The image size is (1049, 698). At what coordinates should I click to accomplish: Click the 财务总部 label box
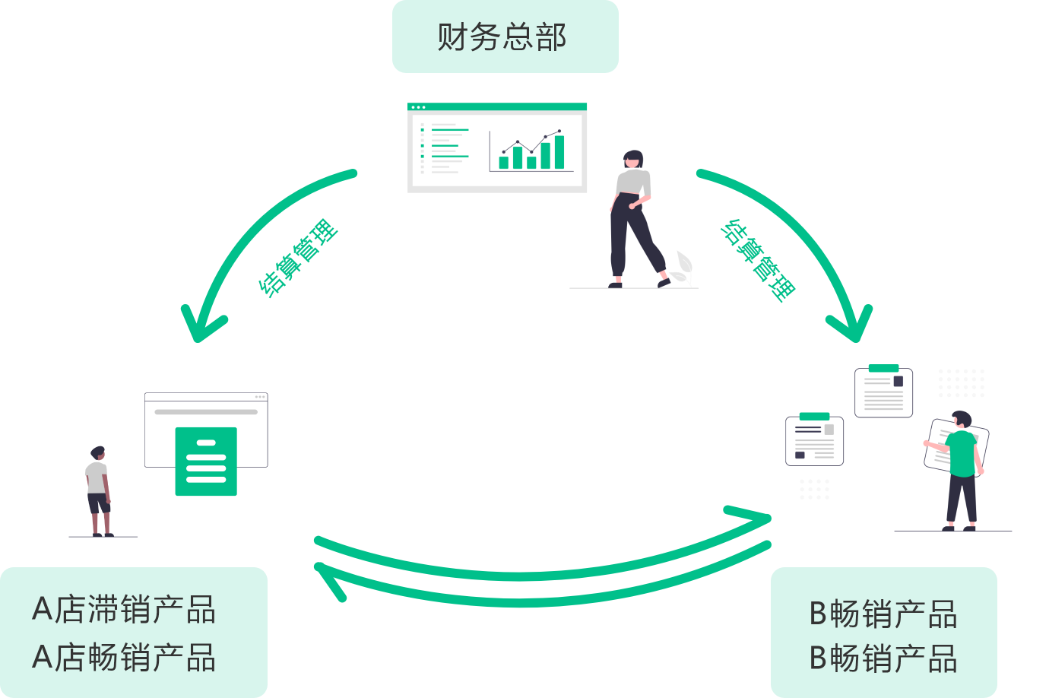coord(505,36)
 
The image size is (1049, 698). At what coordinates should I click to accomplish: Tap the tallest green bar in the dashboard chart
coord(559,152)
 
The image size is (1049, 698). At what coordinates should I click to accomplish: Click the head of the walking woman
coord(632,160)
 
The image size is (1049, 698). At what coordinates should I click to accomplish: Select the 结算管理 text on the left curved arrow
coord(297,259)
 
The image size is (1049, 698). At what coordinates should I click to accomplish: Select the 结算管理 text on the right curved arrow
coord(759,261)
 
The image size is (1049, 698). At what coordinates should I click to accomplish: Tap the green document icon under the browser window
coord(206,461)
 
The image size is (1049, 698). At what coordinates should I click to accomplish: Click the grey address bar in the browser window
coord(206,412)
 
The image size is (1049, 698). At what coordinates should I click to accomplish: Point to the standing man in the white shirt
coord(98,490)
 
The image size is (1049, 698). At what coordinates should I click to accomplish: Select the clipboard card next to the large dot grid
coord(883,392)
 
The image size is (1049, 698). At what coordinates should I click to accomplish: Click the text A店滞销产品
coord(125,610)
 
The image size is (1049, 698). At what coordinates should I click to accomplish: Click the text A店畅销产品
coord(125,658)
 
